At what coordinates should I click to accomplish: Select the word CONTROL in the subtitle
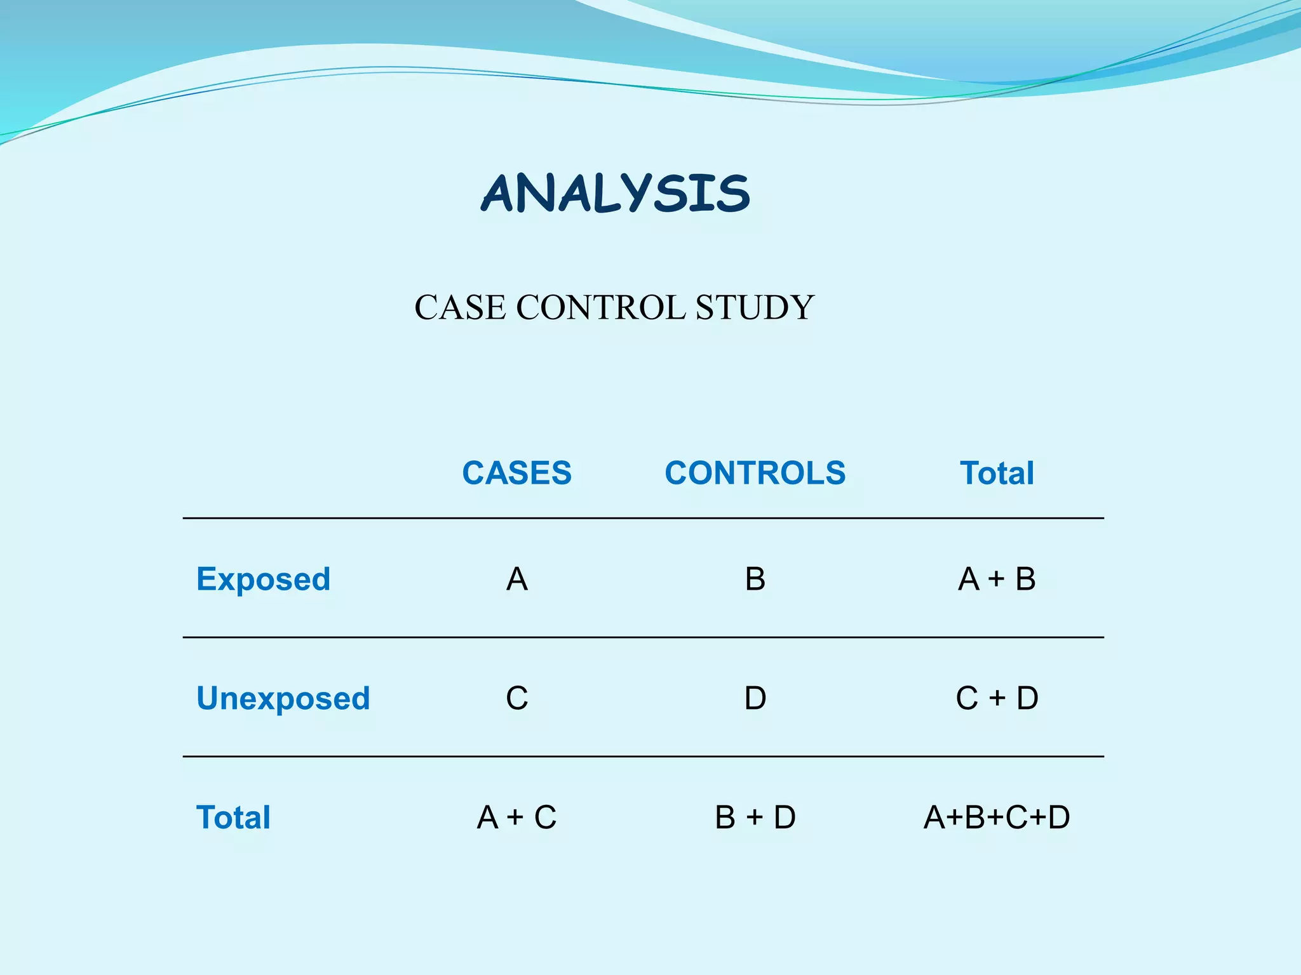600,308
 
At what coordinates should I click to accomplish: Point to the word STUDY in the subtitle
754,308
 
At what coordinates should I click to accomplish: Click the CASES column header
516,473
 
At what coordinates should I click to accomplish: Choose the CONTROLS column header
755,473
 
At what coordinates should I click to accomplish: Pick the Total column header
997,473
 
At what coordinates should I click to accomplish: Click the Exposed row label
263,579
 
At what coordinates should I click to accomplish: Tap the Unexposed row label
283,698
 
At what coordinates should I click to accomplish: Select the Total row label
233,817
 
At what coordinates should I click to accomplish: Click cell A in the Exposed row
516,579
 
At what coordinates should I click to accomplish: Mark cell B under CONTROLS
755,579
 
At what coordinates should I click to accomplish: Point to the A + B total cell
997,579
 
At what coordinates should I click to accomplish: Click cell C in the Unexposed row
516,698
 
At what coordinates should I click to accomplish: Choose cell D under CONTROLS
755,698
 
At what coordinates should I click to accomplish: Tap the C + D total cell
997,698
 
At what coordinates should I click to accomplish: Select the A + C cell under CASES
516,817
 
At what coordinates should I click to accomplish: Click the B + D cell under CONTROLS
755,817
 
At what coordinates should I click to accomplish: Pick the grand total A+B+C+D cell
997,817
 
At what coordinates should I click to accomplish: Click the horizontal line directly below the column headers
643,518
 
